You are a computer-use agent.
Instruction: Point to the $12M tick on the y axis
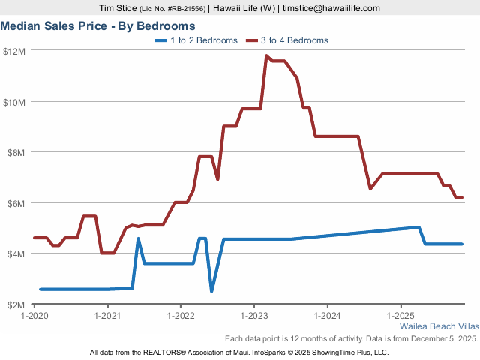pyautogui.click(x=14, y=51)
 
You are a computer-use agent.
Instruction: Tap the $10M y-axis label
pyautogui.click(x=14, y=102)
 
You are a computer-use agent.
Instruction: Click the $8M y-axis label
pyautogui.click(x=16, y=152)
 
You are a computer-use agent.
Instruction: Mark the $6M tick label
pyautogui.click(x=16, y=203)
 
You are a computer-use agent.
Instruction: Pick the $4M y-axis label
pyautogui.click(x=16, y=253)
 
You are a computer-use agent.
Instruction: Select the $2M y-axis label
pyautogui.click(x=16, y=304)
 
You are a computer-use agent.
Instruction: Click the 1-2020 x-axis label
pyautogui.click(x=34, y=316)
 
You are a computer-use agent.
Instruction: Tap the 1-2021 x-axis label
pyautogui.click(x=108, y=316)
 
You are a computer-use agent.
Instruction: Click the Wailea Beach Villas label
pyautogui.click(x=438, y=327)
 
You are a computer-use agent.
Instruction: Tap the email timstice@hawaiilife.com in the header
pyautogui.click(x=331, y=8)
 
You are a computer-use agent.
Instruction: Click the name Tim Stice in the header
pyautogui.click(x=118, y=8)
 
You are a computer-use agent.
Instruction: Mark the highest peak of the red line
pyautogui.click(x=266, y=55)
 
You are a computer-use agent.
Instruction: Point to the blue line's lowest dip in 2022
pyautogui.click(x=211, y=290)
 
